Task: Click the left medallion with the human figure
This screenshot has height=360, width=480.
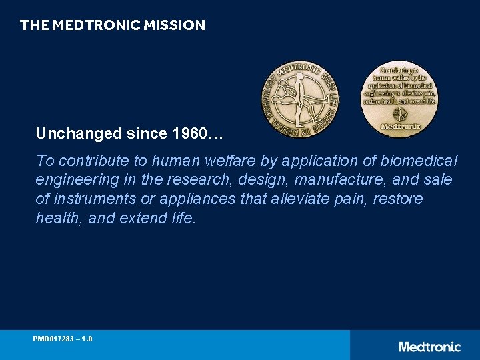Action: [x=299, y=99]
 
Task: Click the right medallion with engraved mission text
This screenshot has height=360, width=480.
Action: [x=399, y=99]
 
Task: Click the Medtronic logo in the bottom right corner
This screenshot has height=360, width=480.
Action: [x=429, y=347]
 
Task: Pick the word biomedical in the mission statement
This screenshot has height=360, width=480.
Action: [x=419, y=161]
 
